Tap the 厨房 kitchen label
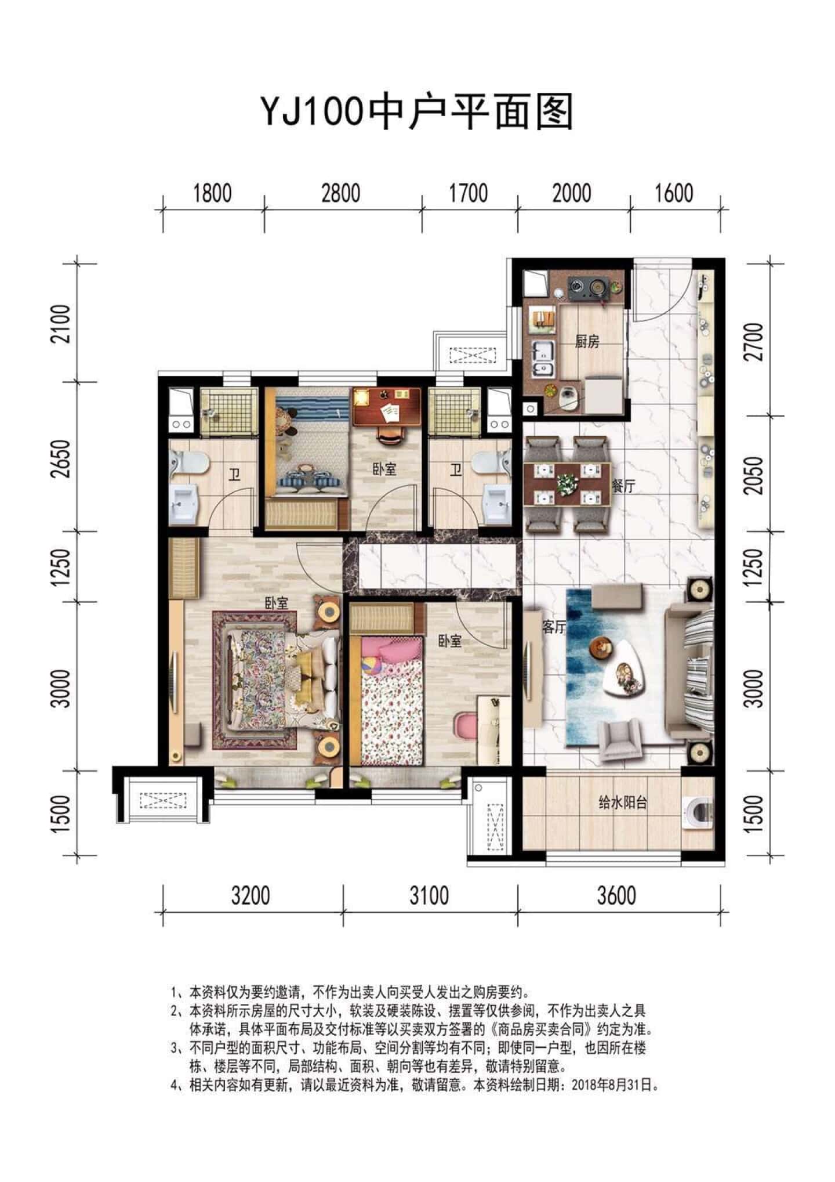coord(587,342)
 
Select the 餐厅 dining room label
coord(623,486)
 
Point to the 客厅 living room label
coord(553,627)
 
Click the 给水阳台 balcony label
coord(622,803)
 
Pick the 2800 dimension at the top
coord(341,193)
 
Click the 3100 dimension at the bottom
coord(429,895)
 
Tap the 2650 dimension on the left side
coord(61,459)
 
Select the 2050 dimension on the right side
coord(756,475)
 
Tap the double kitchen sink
coord(543,359)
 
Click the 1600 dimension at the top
coord(674,193)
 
